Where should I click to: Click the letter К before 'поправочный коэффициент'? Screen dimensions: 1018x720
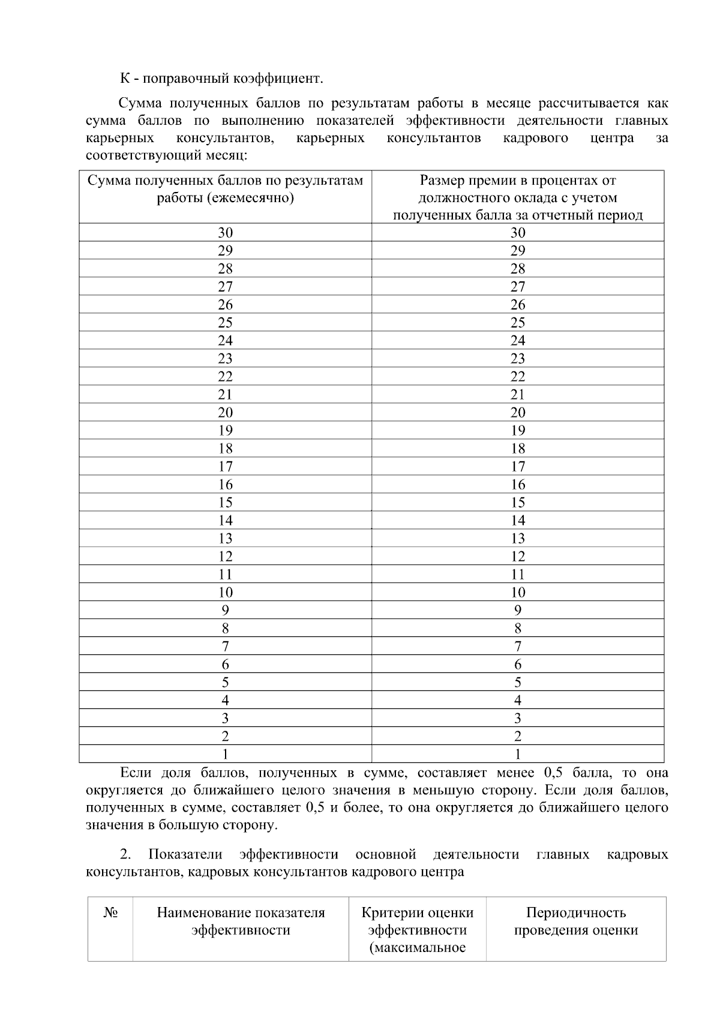(x=124, y=79)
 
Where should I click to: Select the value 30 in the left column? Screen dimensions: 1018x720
(x=225, y=233)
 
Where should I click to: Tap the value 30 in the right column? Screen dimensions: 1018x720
(x=518, y=233)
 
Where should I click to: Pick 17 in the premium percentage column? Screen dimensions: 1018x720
(x=518, y=467)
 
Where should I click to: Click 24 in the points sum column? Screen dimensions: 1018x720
(x=225, y=341)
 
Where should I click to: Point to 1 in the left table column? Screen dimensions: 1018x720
(x=225, y=754)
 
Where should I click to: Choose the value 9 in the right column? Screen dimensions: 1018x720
(x=518, y=611)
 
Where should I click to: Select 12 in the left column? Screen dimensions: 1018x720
(x=225, y=557)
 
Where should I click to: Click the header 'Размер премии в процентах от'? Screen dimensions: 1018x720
(x=518, y=181)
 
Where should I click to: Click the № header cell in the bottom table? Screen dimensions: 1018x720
(x=110, y=913)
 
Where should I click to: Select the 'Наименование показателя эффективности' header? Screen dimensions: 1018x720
(x=241, y=921)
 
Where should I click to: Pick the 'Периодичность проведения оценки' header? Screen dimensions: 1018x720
(x=576, y=921)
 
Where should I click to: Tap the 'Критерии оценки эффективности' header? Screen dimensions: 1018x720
(x=417, y=921)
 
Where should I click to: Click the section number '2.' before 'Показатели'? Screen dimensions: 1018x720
(x=126, y=854)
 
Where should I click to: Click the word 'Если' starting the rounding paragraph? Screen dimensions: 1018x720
(x=134, y=773)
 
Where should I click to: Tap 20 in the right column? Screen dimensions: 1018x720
(x=518, y=413)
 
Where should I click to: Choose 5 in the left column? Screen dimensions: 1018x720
(x=225, y=683)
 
